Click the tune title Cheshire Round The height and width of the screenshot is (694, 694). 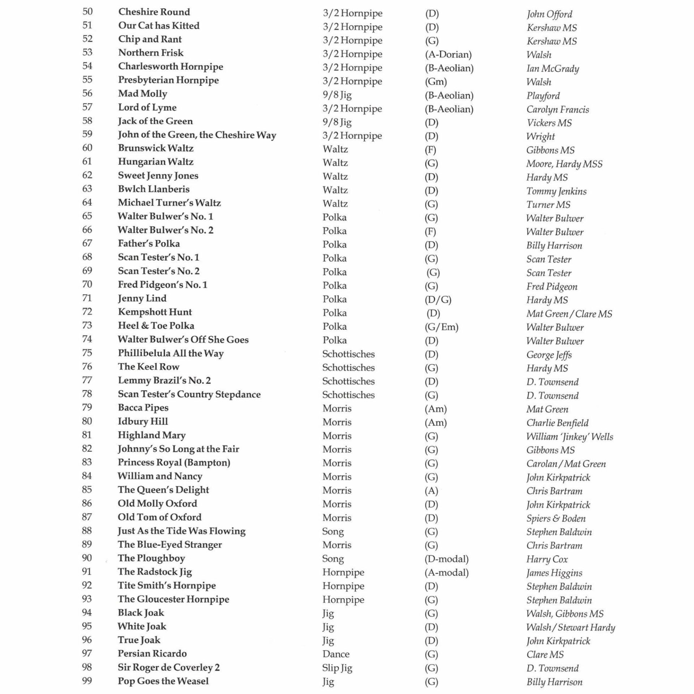[x=154, y=12]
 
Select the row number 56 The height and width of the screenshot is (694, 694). [x=87, y=93]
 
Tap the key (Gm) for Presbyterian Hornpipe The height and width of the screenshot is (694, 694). [x=436, y=82]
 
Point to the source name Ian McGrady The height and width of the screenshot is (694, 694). [x=552, y=68]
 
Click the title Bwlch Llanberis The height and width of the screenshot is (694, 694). [x=154, y=189]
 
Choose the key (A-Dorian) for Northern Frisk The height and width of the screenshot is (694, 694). [x=448, y=55]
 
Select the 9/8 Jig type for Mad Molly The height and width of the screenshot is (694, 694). [x=337, y=95]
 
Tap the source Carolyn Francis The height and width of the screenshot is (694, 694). [x=557, y=109]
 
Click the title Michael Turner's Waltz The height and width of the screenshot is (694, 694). [x=169, y=203]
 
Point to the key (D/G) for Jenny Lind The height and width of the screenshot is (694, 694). [x=438, y=300]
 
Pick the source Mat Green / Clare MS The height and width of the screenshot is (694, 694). [x=569, y=313]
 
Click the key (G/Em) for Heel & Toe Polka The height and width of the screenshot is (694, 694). [x=441, y=327]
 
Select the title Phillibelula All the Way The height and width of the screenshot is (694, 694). [x=171, y=353]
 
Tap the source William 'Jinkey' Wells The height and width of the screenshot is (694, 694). [x=569, y=437]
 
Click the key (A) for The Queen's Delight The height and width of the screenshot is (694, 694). [x=431, y=491]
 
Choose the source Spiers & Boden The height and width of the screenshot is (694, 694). [x=556, y=518]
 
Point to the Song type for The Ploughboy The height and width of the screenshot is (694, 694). [x=333, y=559]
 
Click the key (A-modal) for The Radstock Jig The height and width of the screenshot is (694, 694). [x=446, y=573]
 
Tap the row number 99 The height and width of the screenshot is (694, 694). [x=87, y=681]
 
